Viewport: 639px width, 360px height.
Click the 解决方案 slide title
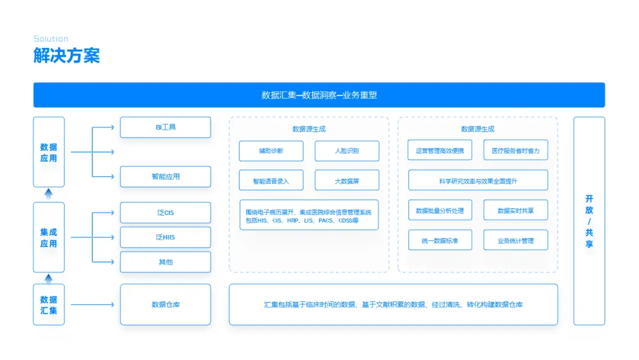click(67, 56)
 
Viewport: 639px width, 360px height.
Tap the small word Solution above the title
click(51, 39)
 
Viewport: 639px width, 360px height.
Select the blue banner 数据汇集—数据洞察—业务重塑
click(319, 95)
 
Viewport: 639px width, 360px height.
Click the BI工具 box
click(165, 127)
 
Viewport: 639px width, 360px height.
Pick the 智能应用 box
click(165, 176)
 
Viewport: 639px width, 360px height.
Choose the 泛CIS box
click(165, 213)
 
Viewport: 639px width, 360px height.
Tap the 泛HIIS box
click(165, 237)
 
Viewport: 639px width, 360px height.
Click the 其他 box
click(165, 262)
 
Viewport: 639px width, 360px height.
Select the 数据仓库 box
click(165, 304)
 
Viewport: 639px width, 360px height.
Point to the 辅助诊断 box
click(271, 151)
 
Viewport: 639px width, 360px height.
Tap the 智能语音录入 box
click(271, 181)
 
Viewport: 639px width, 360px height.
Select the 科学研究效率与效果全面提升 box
click(478, 181)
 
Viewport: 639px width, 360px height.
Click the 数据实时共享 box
click(515, 210)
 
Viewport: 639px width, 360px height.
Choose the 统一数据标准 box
click(440, 240)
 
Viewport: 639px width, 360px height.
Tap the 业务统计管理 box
click(515, 240)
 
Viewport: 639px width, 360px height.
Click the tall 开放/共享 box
click(589, 221)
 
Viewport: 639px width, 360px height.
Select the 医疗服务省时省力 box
click(515, 151)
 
